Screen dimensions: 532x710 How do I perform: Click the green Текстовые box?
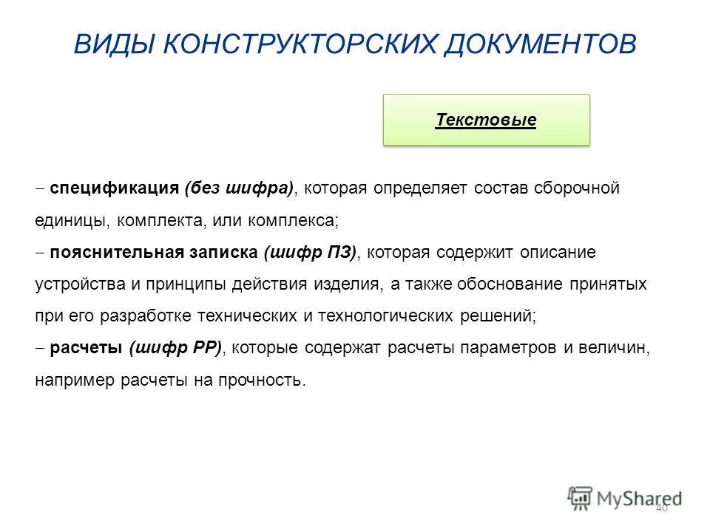486,120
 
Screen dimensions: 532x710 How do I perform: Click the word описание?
559,253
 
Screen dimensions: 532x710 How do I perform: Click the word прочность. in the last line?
266,381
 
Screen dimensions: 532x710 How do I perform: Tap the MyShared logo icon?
581,497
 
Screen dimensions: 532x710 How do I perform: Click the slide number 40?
661,507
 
